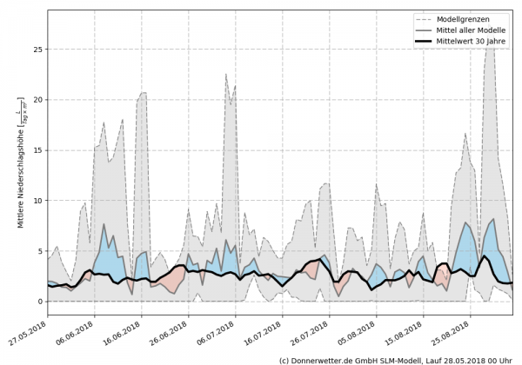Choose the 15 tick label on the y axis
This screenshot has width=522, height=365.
tap(37, 150)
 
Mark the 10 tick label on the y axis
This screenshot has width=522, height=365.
tap(37, 201)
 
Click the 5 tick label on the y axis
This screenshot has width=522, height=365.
tap(39, 251)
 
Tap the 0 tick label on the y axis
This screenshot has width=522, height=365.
tap(39, 302)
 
